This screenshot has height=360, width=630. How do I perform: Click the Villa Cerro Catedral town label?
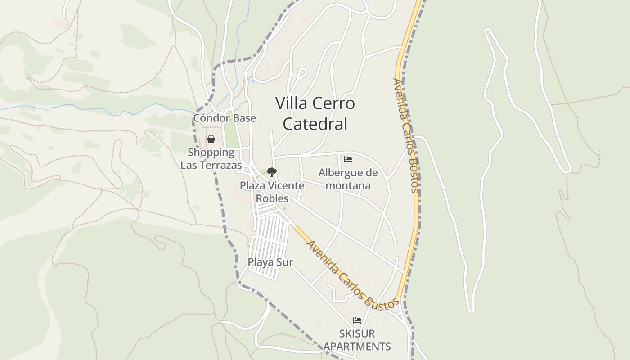pos(315,113)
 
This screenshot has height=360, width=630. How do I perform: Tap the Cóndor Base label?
pos(225,118)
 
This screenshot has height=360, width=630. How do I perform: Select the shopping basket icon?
pos(211,139)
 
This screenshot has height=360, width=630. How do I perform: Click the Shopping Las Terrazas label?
pos(211,159)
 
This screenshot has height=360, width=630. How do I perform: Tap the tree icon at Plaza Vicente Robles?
pos(271,172)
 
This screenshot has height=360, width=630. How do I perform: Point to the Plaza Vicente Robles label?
pos(272,192)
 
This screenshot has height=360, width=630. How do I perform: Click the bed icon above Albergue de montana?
pos(347,159)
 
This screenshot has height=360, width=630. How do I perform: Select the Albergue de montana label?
pos(348,179)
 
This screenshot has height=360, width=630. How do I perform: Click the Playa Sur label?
pos(270,262)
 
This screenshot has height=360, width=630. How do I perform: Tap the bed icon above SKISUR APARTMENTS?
pos(357,320)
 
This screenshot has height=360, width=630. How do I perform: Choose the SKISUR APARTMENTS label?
pos(357,340)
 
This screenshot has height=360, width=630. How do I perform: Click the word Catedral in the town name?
pos(315,124)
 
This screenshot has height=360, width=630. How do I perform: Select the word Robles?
pos(272,198)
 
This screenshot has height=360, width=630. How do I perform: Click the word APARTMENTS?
pos(357,346)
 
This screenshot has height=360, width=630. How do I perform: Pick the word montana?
pos(348,185)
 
